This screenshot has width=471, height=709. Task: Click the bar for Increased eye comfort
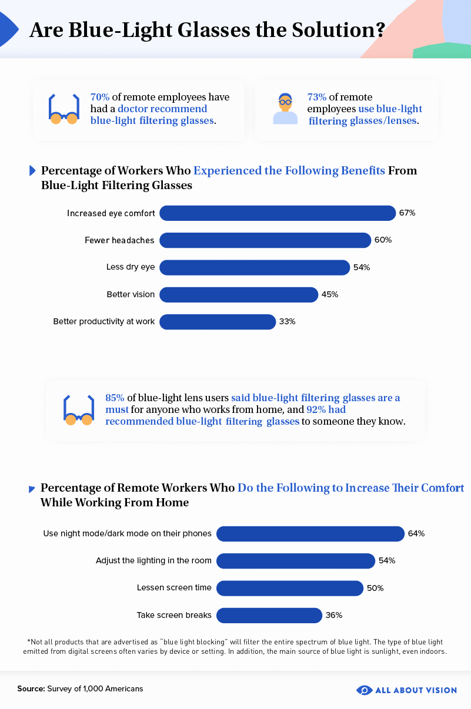(x=277, y=213)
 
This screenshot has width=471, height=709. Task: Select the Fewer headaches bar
(x=265, y=240)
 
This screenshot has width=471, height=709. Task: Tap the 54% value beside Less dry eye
(x=361, y=267)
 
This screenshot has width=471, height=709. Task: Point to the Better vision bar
(x=239, y=294)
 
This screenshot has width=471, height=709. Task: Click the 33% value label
(x=287, y=321)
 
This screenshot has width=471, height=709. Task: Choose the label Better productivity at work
(x=104, y=321)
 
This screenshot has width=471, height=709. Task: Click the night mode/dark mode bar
(x=310, y=533)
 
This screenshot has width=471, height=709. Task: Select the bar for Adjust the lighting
(x=296, y=561)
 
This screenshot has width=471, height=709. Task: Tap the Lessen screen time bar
(x=290, y=588)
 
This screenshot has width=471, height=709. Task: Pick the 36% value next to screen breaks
(x=333, y=615)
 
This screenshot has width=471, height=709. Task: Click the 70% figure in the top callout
(x=100, y=97)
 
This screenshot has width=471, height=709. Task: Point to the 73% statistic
(x=317, y=97)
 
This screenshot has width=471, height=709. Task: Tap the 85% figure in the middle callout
(x=115, y=398)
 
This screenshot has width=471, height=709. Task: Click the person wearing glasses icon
(x=285, y=109)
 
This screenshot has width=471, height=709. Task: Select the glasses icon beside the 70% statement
(x=64, y=109)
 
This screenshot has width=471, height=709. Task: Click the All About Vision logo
(x=406, y=690)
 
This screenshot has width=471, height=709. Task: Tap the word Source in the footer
(x=31, y=688)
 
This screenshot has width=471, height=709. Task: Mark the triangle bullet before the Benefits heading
(x=33, y=171)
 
